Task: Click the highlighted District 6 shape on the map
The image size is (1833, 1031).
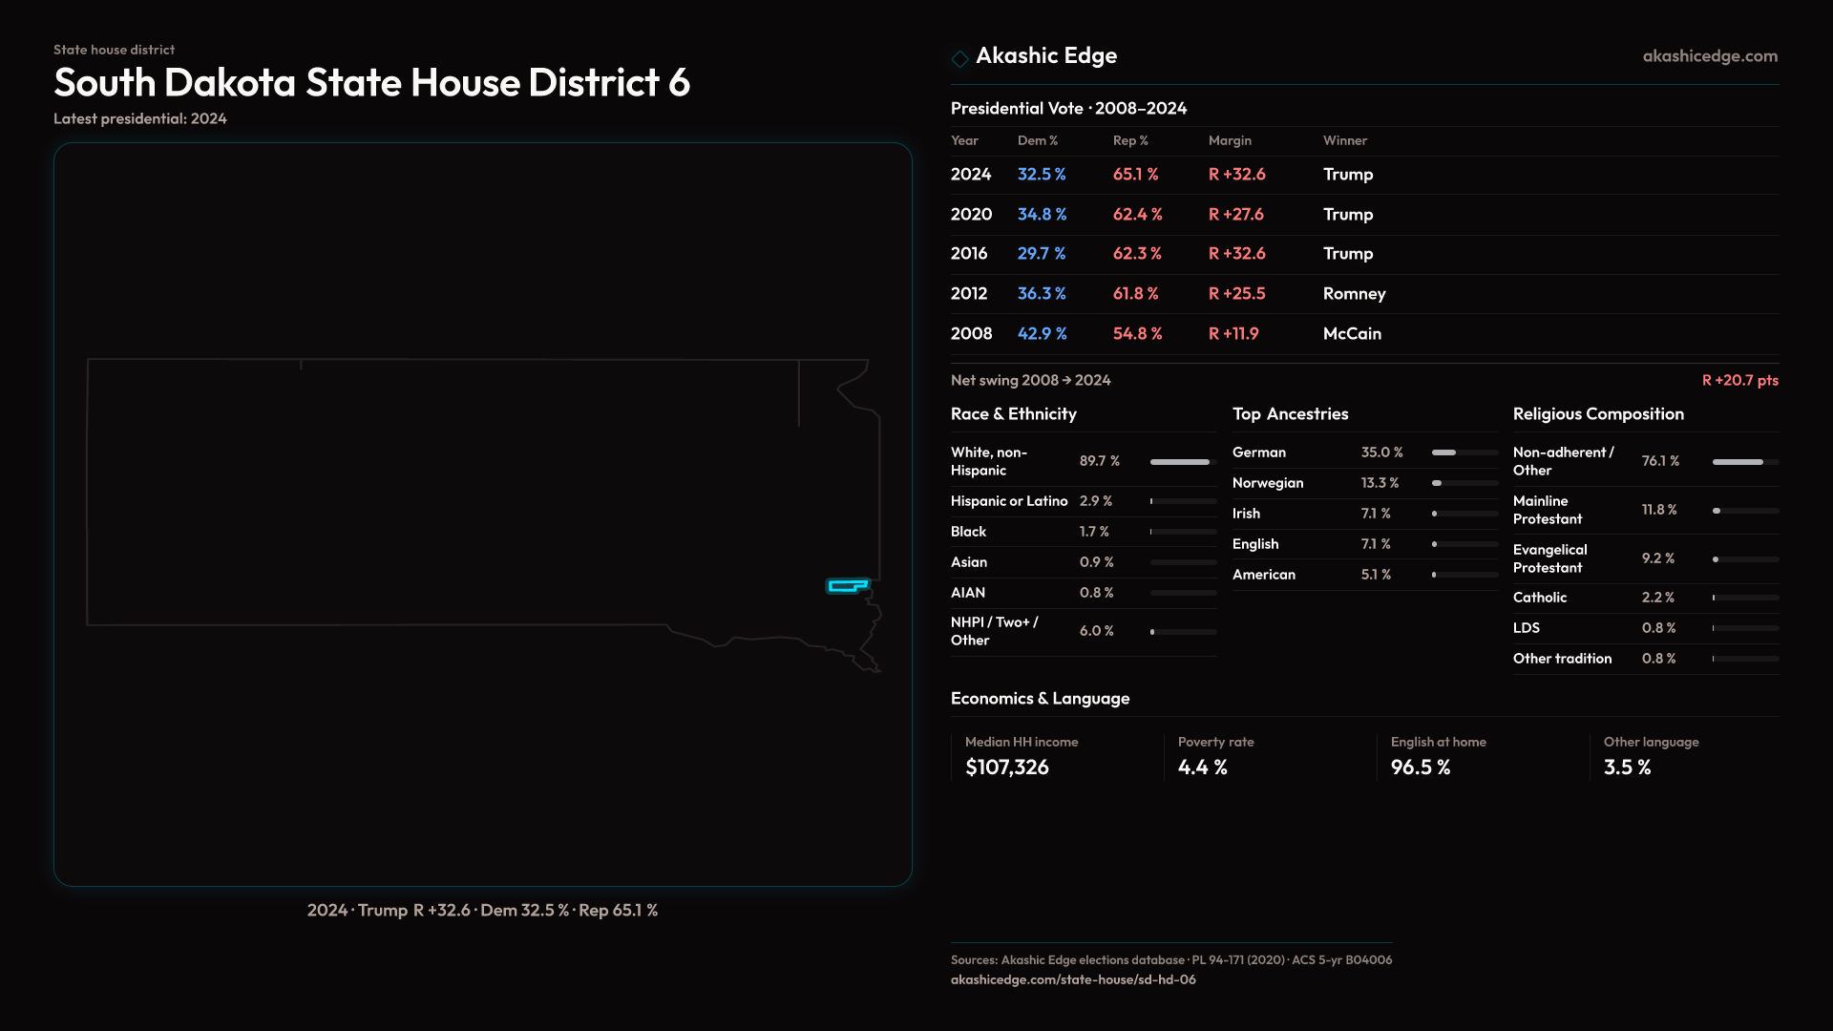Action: tap(847, 585)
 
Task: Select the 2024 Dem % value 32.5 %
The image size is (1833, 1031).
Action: tap(1042, 175)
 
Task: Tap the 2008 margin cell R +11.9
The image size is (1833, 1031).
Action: tap(1233, 334)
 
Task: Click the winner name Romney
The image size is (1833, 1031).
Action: tap(1354, 294)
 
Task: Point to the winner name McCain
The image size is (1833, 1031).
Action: tap(1352, 334)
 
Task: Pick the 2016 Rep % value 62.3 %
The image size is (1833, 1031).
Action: tap(1137, 254)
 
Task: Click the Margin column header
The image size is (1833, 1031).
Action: tap(1230, 140)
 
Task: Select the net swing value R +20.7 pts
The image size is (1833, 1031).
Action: tap(1739, 380)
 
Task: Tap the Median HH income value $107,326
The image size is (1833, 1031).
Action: tap(1006, 768)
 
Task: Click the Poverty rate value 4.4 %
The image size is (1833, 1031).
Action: tap(1202, 768)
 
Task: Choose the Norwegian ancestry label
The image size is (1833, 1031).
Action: tap(1267, 483)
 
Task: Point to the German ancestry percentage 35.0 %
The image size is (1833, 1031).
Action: tap(1381, 452)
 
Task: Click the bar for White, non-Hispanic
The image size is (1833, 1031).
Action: tap(1180, 462)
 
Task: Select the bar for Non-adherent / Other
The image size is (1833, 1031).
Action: tap(1738, 462)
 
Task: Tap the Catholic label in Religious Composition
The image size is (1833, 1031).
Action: tap(1539, 598)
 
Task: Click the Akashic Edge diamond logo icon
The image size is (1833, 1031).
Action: tap(959, 58)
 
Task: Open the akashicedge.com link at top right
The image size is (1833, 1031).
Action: tap(1710, 56)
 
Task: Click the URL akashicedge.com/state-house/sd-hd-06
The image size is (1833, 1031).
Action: tap(1073, 980)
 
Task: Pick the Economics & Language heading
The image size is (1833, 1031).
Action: tap(1040, 699)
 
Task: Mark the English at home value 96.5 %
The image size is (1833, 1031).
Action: tap(1420, 768)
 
